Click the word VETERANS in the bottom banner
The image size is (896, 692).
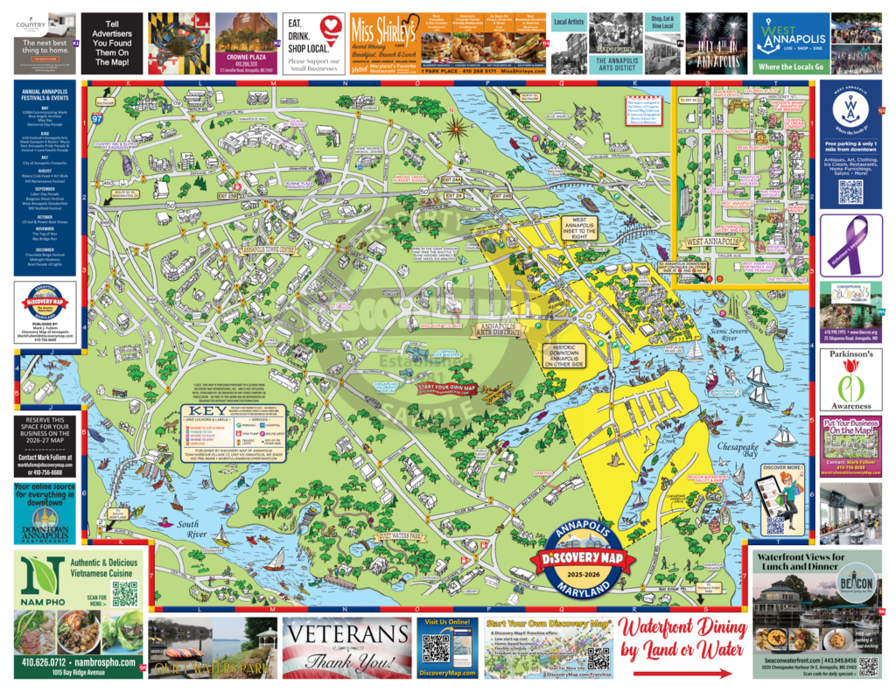tap(346, 637)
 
